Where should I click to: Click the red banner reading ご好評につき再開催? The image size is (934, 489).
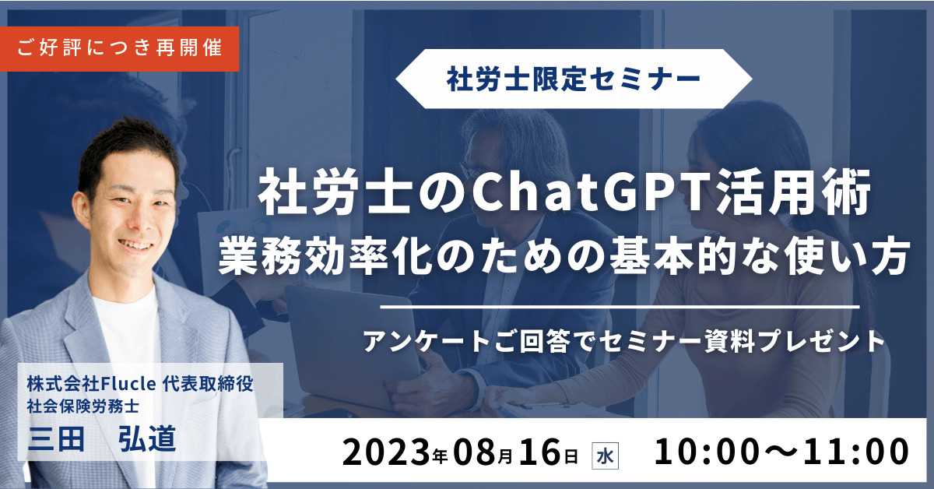coord(119,49)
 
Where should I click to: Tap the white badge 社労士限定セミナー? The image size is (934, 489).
coord(574,79)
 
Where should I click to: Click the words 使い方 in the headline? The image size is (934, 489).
coord(847,255)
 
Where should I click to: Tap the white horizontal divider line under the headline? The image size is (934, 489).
coord(620,307)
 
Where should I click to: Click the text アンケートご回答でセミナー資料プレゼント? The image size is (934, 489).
coord(624,342)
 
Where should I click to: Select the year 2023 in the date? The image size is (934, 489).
coord(386,452)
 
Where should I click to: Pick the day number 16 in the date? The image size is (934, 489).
coord(540,452)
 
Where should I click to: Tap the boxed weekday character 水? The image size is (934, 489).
coord(606,456)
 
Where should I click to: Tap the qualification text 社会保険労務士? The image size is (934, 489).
coord(83,406)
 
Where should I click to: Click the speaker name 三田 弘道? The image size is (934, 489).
coord(102,439)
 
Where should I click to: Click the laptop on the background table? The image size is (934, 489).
coord(350,334)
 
